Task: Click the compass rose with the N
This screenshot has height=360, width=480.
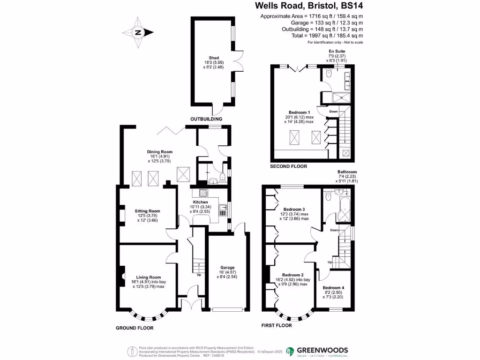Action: [138, 33]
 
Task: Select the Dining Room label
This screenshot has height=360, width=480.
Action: [160, 152]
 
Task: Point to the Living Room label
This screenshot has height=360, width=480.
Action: [148, 277]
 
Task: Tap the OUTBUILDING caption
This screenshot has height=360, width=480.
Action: [206, 119]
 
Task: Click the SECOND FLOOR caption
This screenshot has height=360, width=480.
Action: [289, 166]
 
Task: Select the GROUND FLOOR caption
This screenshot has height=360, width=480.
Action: [135, 328]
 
